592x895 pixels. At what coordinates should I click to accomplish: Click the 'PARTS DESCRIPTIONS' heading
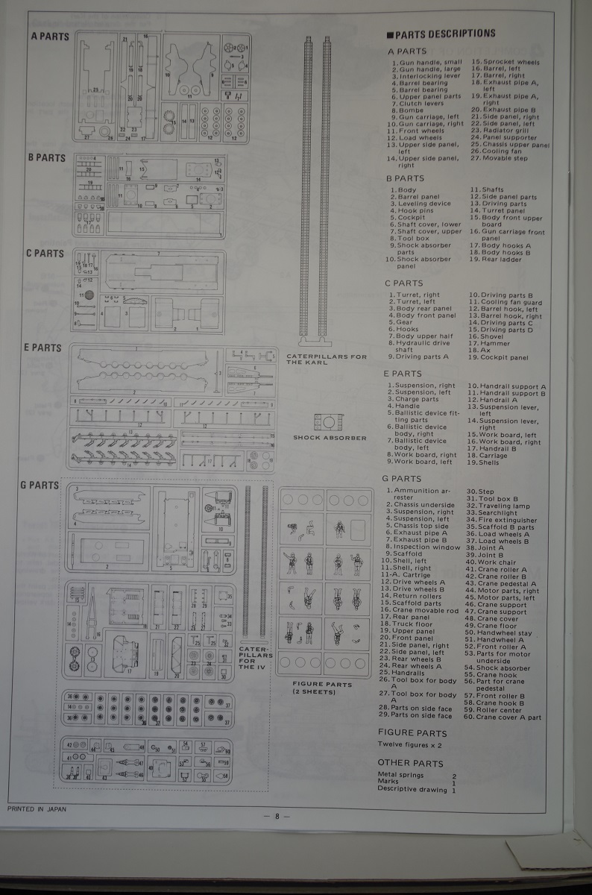coord(444,34)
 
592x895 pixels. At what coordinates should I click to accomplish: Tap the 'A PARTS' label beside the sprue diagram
coord(50,36)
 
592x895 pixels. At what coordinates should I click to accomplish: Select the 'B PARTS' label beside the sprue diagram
coord(47,158)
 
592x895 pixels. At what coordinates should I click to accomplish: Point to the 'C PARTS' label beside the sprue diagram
coord(45,254)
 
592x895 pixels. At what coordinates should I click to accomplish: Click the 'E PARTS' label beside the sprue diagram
coord(45,348)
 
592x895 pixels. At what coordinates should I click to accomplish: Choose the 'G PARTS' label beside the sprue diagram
coord(40,485)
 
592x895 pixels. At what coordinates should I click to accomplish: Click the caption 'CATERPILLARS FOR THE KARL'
coord(327,359)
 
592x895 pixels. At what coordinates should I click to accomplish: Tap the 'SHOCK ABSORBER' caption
coord(330,438)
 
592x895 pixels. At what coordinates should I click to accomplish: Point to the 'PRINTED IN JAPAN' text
coord(37,808)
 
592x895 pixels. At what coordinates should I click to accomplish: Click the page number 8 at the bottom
coord(277,815)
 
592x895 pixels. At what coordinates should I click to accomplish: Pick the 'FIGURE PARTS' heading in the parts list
coord(412,733)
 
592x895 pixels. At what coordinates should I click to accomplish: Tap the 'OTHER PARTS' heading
coord(410,763)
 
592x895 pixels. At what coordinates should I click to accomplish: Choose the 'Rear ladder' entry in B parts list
coord(502,260)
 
